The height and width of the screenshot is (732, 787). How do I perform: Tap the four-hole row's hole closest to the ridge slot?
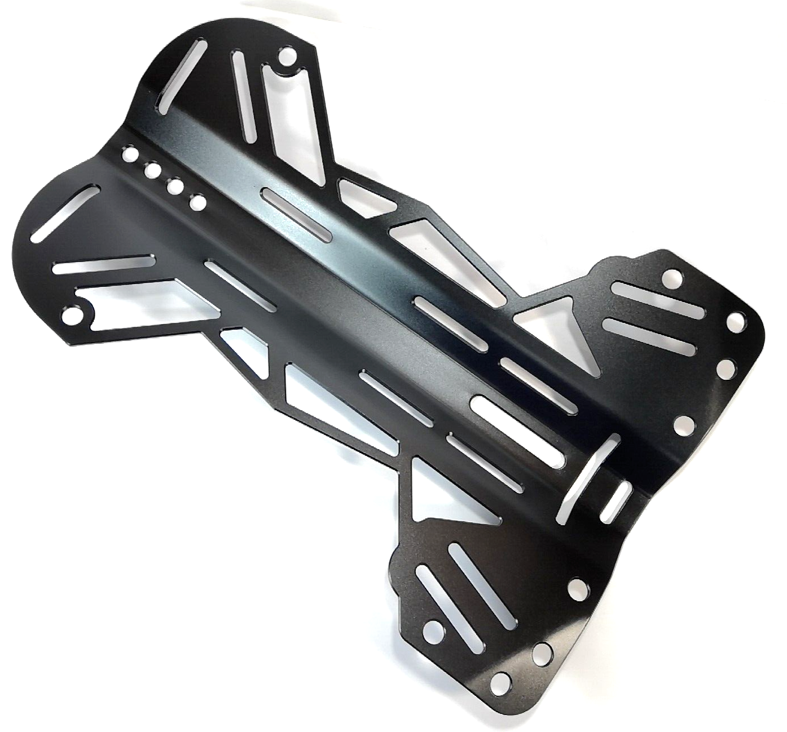point(197,201)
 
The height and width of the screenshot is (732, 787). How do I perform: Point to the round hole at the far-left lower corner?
point(73,313)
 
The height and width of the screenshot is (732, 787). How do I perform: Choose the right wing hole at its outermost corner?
point(736,321)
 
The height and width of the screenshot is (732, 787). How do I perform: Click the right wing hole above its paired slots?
point(672,277)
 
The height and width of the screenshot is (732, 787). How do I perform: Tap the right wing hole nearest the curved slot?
point(683,424)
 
